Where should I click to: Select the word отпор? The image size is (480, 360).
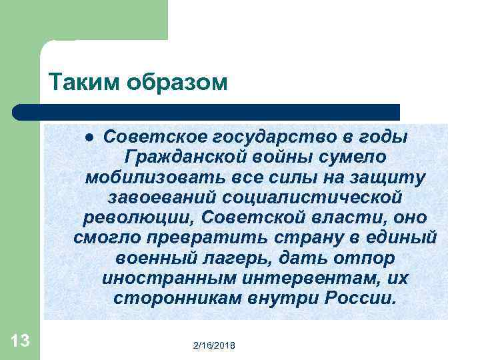pos(363,258)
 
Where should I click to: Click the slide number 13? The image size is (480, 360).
pos(20,341)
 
